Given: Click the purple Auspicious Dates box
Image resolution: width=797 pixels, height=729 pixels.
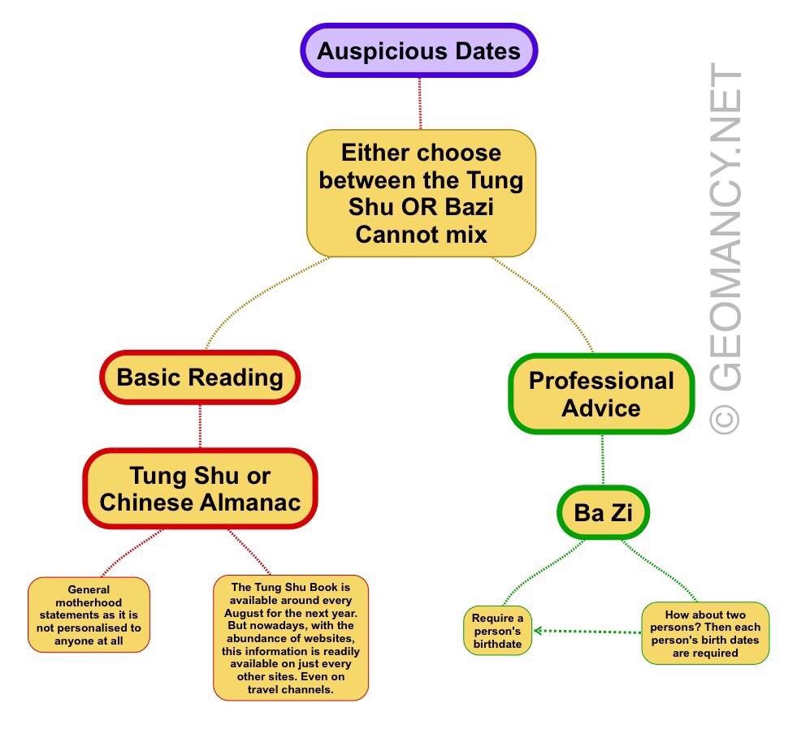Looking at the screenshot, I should pos(418,51).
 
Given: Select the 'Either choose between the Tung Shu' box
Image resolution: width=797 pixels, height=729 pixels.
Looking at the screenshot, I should pos(421,193).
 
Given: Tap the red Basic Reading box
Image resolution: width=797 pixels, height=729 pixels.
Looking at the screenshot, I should pos(200,377).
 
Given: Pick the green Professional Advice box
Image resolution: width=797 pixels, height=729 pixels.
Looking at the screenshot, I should pos(601,394).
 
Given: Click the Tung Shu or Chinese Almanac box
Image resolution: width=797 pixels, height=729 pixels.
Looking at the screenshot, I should pos(200,488).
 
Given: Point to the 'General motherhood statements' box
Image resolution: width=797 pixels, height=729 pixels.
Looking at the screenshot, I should pos(89,615).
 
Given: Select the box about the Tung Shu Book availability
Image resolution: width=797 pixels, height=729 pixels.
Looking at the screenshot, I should pos(290,638).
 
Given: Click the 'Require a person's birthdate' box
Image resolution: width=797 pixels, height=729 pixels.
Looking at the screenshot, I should pos(497,631).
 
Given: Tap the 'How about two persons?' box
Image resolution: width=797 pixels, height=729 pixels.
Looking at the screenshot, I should pos(704,633).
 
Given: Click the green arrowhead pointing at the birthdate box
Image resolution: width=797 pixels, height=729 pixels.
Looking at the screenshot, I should pos(539,631).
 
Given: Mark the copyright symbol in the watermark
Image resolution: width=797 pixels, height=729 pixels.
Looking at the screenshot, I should pos(725,418).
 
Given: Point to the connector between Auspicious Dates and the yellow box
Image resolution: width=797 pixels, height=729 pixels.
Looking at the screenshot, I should pos(420,103).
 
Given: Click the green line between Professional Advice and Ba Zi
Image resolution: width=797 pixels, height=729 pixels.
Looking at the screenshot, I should pos(602,460).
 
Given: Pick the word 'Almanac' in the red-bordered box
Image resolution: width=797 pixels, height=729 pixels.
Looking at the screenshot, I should pos(247,502).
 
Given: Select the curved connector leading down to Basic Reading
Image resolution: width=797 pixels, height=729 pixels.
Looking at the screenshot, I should pos(244,300).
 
